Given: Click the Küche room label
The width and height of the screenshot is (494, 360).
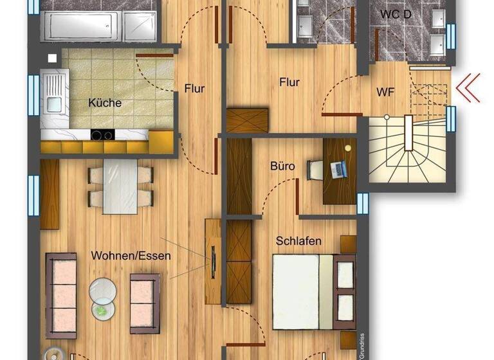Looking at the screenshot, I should (x=105, y=103).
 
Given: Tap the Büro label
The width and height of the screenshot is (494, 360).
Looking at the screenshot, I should (x=282, y=166).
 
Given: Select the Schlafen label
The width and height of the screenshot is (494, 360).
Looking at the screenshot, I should (x=298, y=241).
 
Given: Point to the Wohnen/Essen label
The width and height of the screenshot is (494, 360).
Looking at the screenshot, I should (x=131, y=255).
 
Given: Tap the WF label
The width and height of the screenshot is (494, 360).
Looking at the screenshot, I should (x=386, y=92).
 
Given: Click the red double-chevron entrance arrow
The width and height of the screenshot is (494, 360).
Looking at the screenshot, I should (x=468, y=89).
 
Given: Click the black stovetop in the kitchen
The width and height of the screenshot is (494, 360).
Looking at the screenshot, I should (x=102, y=134).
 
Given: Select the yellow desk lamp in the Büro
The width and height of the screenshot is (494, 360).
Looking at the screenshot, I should (x=348, y=147).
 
